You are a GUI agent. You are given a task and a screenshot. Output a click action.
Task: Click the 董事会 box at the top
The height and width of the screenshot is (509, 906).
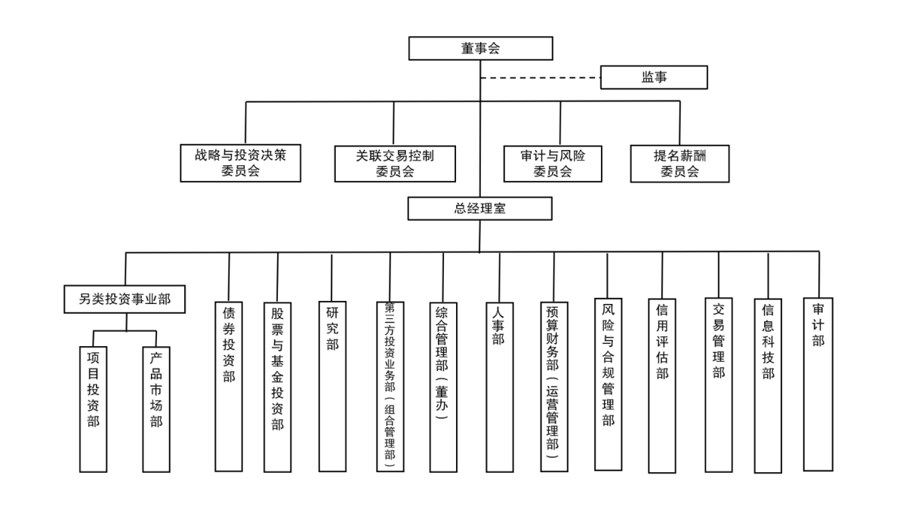click(480, 48)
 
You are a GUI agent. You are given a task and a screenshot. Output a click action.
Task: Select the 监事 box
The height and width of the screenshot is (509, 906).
click(654, 77)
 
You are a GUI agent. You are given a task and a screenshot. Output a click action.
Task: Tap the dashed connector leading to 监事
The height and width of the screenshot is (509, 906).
click(541, 78)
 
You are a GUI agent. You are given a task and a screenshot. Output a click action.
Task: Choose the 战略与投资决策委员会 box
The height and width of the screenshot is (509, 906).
click(240, 163)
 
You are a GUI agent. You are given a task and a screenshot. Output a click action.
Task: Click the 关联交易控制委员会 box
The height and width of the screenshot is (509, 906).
click(395, 164)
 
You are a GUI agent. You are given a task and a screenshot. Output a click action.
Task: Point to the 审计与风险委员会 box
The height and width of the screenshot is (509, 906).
click(553, 164)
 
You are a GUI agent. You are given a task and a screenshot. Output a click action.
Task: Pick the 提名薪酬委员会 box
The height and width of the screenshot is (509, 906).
click(679, 164)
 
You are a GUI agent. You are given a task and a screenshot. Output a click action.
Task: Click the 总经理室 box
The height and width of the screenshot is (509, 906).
click(479, 208)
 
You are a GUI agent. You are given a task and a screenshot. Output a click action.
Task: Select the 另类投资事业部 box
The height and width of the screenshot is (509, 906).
click(125, 299)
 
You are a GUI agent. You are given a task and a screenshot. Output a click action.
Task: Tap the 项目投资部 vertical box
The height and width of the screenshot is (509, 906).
click(93, 409)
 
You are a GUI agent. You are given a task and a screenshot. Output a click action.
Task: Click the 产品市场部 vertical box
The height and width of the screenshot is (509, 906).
click(156, 409)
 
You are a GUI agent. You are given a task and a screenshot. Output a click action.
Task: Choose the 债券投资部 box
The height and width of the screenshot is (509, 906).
click(229, 386)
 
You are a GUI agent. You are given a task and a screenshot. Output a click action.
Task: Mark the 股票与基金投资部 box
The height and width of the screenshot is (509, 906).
click(278, 387)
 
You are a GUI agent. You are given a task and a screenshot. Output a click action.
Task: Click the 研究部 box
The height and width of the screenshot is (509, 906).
click(332, 386)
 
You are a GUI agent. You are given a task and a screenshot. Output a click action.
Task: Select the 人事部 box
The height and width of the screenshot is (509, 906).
click(500, 387)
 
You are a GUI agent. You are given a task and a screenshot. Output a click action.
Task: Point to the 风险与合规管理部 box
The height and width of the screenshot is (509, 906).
click(608, 384)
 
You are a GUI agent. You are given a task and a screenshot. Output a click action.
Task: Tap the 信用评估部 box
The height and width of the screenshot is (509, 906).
click(661, 385)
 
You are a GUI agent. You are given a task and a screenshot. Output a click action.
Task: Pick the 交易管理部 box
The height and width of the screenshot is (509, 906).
click(718, 385)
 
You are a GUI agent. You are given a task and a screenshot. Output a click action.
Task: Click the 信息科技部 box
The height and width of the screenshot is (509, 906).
click(768, 385)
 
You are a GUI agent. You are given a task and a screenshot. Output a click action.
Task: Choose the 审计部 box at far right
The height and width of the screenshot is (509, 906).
click(818, 384)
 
